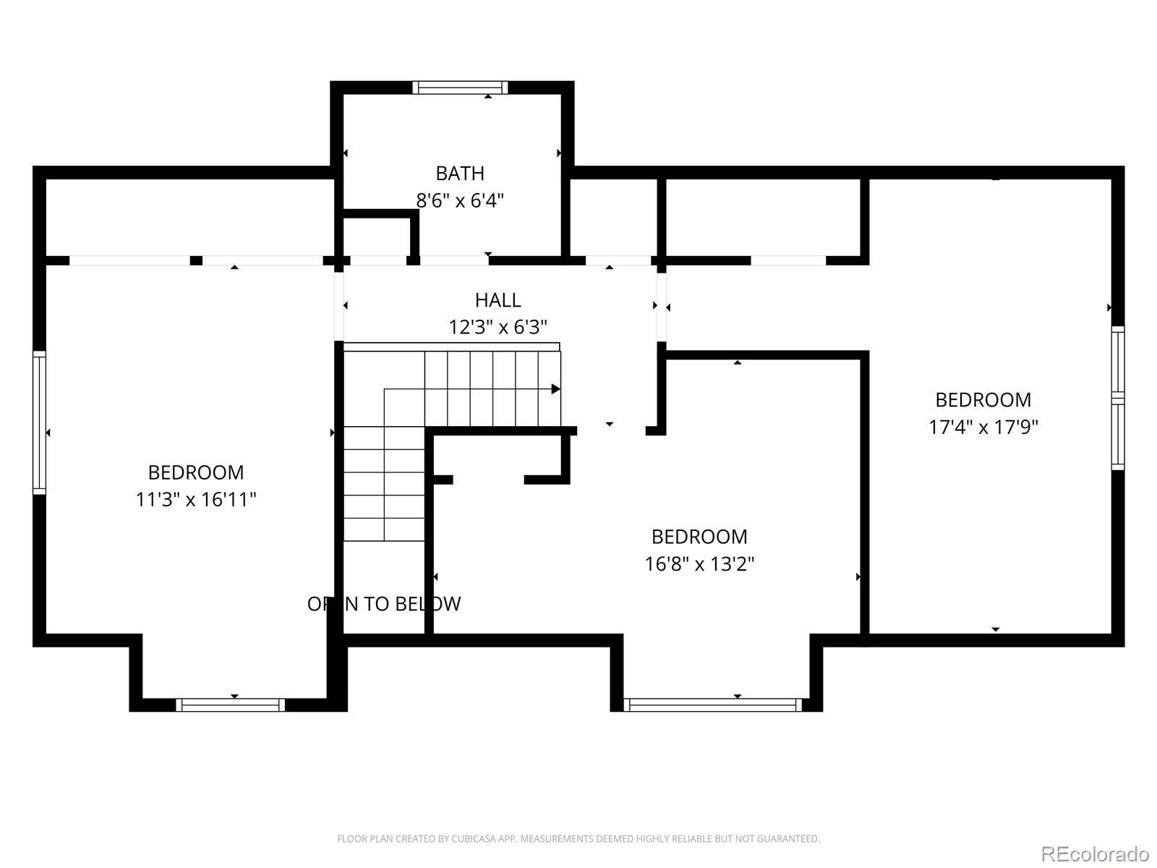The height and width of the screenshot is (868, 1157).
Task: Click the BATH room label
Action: pyautogui.click(x=460, y=174)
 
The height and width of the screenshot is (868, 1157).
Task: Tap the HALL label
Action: pyautogui.click(x=498, y=300)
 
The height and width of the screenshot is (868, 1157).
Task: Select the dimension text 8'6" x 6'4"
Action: pyautogui.click(x=460, y=201)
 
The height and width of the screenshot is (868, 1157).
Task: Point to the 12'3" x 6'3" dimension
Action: pyautogui.click(x=498, y=327)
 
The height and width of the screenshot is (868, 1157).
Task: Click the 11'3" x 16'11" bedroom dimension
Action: pyautogui.click(x=196, y=499)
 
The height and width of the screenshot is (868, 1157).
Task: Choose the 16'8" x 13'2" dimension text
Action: pyautogui.click(x=699, y=564)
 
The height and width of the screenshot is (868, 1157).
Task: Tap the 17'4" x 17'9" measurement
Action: pyautogui.click(x=983, y=427)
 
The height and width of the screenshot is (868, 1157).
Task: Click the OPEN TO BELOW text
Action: pyautogui.click(x=384, y=604)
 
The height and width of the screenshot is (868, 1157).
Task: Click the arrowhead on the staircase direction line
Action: pyautogui.click(x=555, y=389)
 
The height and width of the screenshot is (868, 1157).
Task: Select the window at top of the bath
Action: pyautogui.click(x=460, y=88)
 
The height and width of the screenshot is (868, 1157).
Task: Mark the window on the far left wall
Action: pyautogui.click(x=40, y=422)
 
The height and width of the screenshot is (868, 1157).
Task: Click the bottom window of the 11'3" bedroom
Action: pyautogui.click(x=231, y=705)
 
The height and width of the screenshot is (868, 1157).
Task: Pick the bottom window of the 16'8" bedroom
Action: pyautogui.click(x=713, y=705)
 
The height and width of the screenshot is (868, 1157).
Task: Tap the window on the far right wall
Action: pyautogui.click(x=1118, y=398)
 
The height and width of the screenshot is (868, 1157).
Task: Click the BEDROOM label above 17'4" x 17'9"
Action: pyautogui.click(x=983, y=400)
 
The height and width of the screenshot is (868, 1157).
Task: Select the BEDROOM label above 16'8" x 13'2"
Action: pyautogui.click(x=699, y=537)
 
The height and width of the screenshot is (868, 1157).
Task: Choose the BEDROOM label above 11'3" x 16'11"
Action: pyautogui.click(x=196, y=473)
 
